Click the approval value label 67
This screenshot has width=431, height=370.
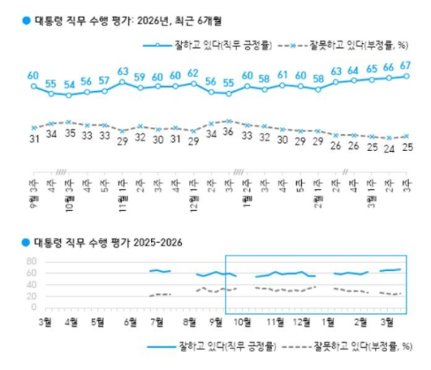405,66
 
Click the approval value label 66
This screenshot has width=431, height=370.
388,68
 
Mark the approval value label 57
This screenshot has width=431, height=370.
104,81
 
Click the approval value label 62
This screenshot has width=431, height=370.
192,74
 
